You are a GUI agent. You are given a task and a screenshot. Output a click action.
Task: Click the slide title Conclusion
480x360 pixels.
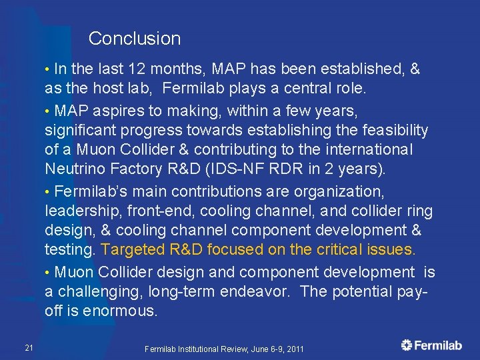134,39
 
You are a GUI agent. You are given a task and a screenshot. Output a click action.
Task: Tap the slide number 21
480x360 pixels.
29,347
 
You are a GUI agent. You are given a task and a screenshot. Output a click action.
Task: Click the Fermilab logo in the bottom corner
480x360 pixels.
431,345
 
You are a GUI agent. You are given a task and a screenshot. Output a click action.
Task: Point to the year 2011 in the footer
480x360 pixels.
293,349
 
